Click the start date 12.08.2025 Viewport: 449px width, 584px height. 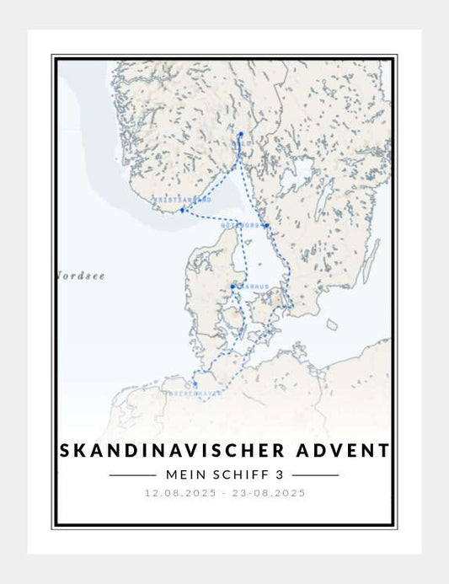178,493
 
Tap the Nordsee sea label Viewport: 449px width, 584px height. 82,276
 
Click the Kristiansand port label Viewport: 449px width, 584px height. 180,201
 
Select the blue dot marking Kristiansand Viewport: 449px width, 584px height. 182,209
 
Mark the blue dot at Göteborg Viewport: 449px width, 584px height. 266,225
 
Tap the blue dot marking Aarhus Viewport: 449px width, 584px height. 233,287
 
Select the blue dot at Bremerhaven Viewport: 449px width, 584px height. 195,383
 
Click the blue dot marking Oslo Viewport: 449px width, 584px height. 240,134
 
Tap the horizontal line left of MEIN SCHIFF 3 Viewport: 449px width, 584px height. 133,475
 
